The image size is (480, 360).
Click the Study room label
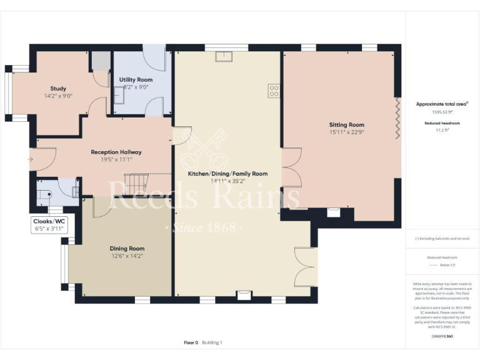click(x=58, y=89)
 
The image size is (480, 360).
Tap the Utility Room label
click(x=136, y=80)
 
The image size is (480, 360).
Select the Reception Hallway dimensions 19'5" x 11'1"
click(x=116, y=159)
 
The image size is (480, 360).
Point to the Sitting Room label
click(x=347, y=125)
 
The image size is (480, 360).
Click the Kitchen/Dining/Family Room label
click(x=227, y=174)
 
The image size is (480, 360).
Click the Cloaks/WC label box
click(x=49, y=225)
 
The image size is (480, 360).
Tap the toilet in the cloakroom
click(x=43, y=194)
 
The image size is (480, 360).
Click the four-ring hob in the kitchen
click(x=274, y=91)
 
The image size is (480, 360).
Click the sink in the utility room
click(x=118, y=95)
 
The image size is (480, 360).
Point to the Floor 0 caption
click(x=191, y=342)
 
